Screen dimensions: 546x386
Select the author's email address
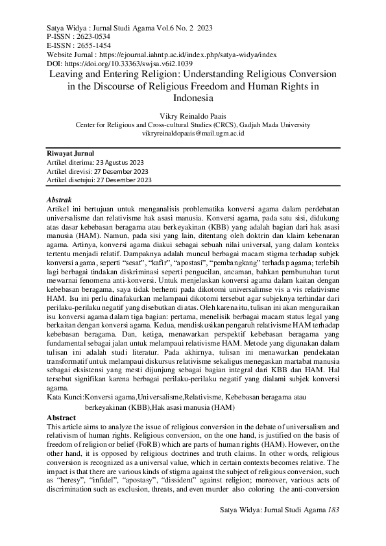pos(193,132)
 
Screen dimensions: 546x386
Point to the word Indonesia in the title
pos(193,99)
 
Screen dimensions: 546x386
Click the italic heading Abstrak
pos(60,200)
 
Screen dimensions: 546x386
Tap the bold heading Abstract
pos(62,418)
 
